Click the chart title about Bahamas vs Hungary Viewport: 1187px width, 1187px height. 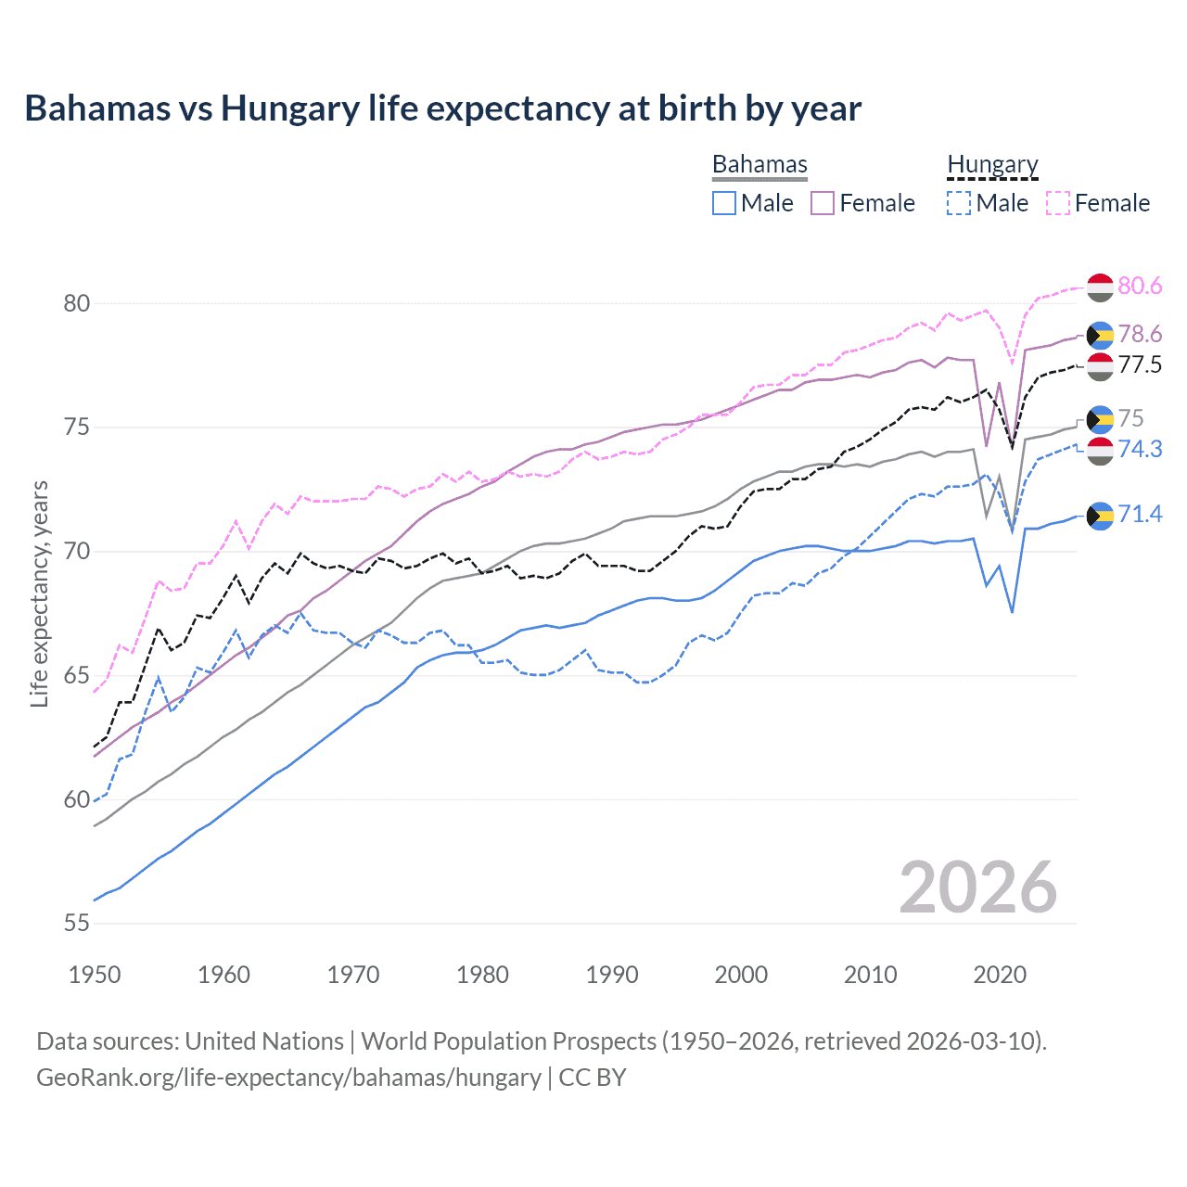click(x=442, y=108)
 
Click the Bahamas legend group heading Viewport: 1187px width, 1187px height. click(x=759, y=164)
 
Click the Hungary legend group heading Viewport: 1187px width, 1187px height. click(x=992, y=164)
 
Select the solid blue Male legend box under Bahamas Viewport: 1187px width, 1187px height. click(x=724, y=203)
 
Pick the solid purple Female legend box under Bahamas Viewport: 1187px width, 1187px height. click(x=823, y=203)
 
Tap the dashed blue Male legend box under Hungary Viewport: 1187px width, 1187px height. click(x=959, y=203)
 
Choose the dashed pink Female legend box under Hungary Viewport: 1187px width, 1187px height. click(x=1057, y=203)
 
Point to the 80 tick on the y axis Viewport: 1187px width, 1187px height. click(x=77, y=303)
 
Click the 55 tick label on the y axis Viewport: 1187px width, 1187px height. click(x=77, y=924)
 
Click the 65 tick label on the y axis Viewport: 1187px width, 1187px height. click(x=77, y=675)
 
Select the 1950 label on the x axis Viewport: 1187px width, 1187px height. click(x=95, y=975)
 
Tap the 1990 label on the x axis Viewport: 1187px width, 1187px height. click(x=612, y=975)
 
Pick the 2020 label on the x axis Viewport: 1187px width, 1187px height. click(x=1000, y=975)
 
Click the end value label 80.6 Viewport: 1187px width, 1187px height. click(x=1140, y=286)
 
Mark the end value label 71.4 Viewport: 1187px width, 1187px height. click(x=1140, y=514)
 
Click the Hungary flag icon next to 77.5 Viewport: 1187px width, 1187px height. click(x=1100, y=366)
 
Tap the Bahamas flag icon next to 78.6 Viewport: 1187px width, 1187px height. click(x=1100, y=335)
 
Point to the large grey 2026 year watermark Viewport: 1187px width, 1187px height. click(x=977, y=887)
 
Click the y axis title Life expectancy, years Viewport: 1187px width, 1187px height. click(x=40, y=593)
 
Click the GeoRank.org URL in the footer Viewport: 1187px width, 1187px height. click(x=288, y=1078)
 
